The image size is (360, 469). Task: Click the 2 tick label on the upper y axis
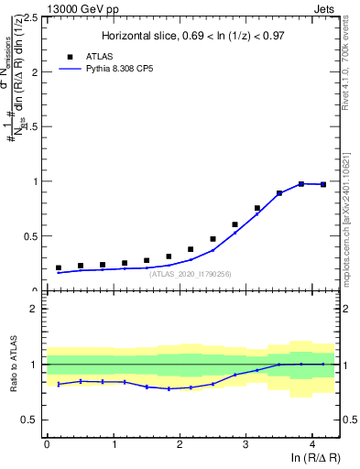[x=35, y=71]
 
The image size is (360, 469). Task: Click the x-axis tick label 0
[x=47, y=445]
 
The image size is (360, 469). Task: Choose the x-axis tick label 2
[x=180, y=445]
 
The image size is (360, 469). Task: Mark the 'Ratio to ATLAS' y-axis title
[x=13, y=365]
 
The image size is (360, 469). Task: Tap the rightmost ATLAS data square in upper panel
[x=323, y=184]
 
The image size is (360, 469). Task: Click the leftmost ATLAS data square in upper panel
[x=58, y=267]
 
